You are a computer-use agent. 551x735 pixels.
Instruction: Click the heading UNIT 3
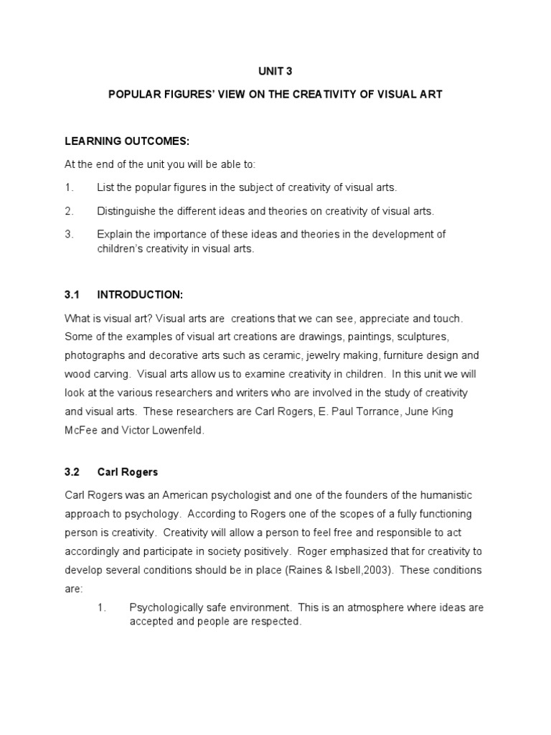click(275, 71)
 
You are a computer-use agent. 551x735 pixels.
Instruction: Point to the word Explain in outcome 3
click(115, 235)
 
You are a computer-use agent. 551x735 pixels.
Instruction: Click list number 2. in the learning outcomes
click(69, 211)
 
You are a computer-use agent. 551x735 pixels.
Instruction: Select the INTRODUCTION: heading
click(141, 294)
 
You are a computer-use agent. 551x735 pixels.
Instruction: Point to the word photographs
click(93, 355)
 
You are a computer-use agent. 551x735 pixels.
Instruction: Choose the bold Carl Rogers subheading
click(128, 472)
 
